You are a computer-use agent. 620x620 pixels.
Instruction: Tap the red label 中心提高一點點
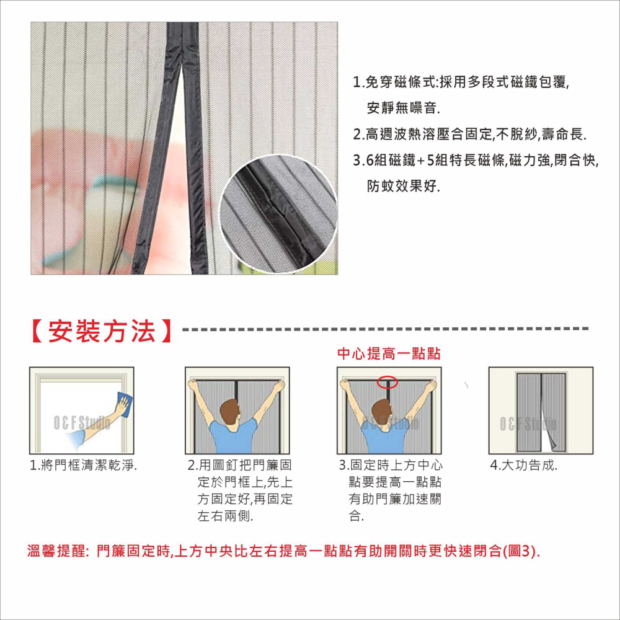389,353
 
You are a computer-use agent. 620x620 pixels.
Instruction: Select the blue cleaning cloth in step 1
124,404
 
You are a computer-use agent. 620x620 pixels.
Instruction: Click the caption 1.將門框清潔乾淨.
83,466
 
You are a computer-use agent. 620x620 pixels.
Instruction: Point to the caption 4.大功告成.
523,466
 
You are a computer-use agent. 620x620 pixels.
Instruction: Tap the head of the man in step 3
384,412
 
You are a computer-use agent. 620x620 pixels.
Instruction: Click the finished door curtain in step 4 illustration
541,412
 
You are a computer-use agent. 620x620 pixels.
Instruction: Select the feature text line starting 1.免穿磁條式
461,82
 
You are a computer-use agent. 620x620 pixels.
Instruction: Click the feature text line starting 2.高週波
469,135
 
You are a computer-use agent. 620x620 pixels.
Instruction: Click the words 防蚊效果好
403,186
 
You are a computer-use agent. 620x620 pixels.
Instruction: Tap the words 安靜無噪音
403,108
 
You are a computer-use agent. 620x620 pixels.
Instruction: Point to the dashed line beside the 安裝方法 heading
384,329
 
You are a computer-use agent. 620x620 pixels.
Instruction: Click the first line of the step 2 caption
240,466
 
